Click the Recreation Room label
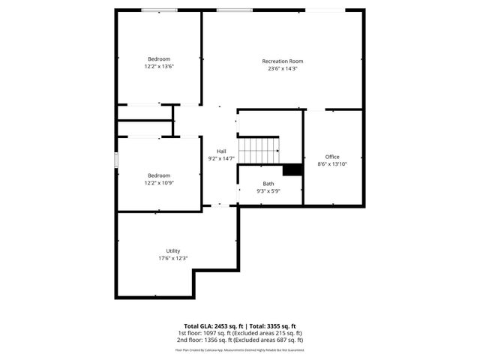(x=283, y=61)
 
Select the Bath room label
(x=268, y=184)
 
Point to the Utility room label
(x=173, y=250)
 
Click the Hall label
(x=221, y=151)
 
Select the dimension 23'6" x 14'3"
(x=283, y=69)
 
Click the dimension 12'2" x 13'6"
(x=159, y=67)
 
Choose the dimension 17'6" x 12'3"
(x=173, y=259)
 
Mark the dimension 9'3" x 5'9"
(x=268, y=191)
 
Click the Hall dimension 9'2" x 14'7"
(x=221, y=158)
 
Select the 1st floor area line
(x=240, y=333)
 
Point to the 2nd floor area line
(x=240, y=340)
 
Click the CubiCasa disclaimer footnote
(x=240, y=349)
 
